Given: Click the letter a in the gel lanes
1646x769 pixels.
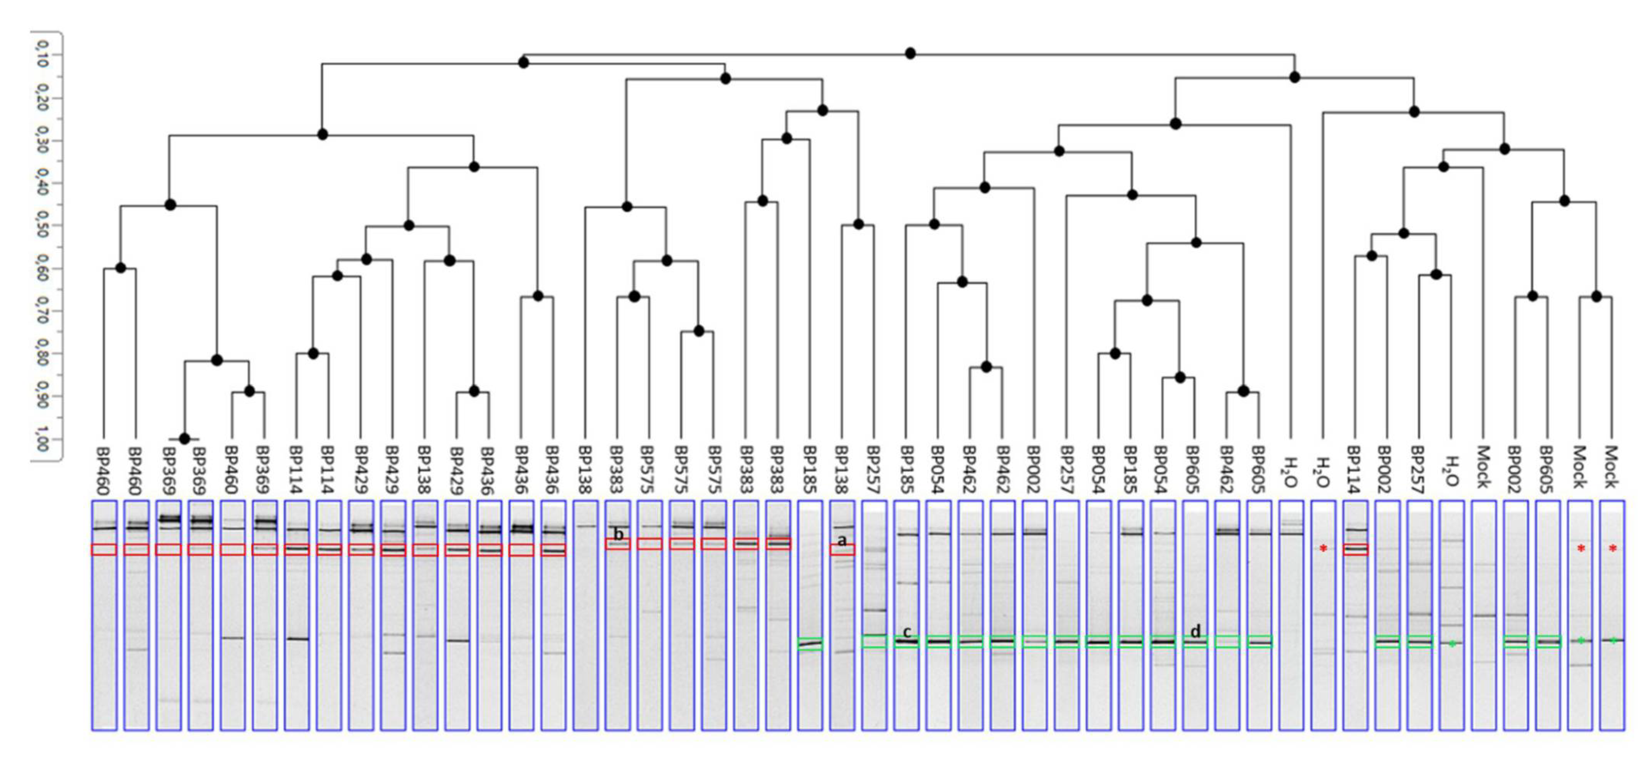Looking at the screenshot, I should point(842,540).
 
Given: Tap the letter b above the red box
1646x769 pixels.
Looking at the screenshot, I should point(618,534).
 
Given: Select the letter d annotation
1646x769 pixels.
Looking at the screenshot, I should point(1195,631).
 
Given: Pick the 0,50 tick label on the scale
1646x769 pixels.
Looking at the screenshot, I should point(42,225).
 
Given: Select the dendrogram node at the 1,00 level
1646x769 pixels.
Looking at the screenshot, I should point(185,439).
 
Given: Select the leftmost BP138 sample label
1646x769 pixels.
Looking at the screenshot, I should point(423,471).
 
